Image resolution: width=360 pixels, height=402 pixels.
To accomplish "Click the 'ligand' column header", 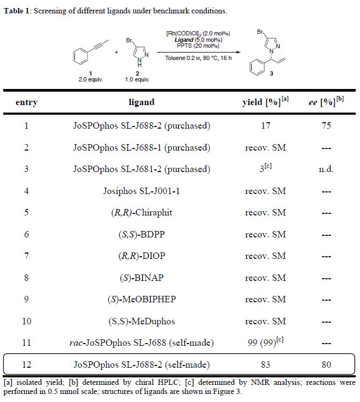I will click(x=141, y=102).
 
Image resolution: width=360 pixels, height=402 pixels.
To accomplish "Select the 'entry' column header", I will click(x=26, y=102).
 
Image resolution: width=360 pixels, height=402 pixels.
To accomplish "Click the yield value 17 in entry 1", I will click(x=265, y=126).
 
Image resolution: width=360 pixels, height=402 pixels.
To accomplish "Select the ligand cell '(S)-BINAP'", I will click(x=141, y=278).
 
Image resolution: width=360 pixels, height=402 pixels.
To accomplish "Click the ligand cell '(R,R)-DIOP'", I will click(x=141, y=256).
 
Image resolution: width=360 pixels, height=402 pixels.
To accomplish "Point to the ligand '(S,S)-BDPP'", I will click(x=141, y=234).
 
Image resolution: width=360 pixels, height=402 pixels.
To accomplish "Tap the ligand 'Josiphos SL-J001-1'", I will click(x=141, y=191).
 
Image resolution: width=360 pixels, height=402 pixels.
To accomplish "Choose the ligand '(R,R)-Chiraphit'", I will click(x=141, y=213).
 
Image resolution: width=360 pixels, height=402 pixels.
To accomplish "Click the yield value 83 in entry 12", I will click(x=265, y=365).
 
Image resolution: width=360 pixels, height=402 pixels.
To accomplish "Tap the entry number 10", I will click(x=26, y=321).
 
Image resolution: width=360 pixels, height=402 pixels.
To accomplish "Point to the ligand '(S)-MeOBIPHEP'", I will click(x=141, y=300).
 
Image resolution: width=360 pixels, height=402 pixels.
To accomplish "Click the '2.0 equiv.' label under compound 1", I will click(x=91, y=79).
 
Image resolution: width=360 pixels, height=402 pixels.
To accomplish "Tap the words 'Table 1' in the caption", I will click(x=17, y=11).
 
